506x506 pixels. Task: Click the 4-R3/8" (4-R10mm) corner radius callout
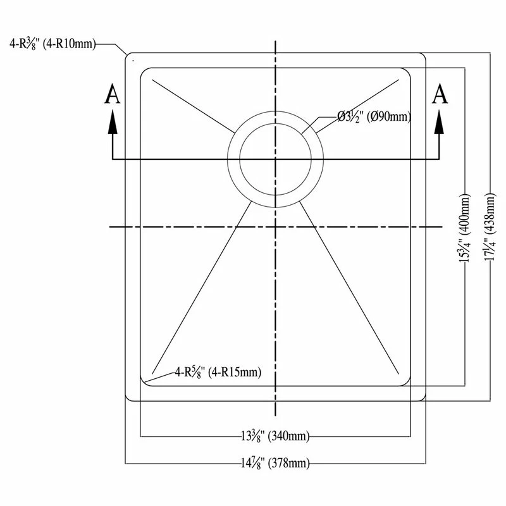point(52,44)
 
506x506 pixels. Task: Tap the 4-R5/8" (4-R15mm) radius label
point(218,372)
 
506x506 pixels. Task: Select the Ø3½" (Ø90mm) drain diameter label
point(374,116)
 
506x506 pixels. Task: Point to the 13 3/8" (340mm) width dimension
point(275,436)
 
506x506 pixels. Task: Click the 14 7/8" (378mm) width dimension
point(275,464)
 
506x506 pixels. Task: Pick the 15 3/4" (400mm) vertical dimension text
point(465,228)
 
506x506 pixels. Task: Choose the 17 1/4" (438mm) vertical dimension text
point(490,226)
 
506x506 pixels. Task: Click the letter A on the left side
point(113,94)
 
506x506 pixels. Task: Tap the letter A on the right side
point(440,94)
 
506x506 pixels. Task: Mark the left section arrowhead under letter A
point(113,121)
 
